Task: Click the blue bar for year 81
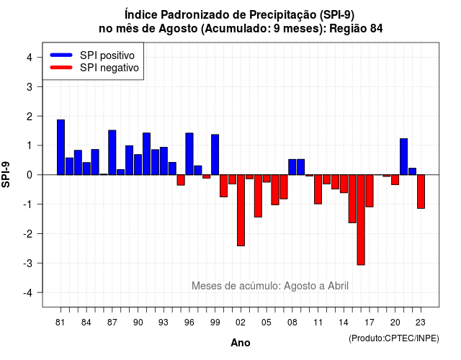(x=61, y=147)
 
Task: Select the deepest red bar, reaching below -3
(x=361, y=220)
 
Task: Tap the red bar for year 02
(x=241, y=210)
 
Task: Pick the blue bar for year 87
(x=112, y=153)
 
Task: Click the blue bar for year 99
(x=215, y=155)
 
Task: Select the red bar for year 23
(x=421, y=192)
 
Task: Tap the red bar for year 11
(x=318, y=189)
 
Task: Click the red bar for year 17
(x=370, y=191)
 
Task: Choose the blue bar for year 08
(x=292, y=167)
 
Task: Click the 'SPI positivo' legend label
(x=107, y=55)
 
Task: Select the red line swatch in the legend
(x=61, y=68)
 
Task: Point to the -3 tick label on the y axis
(x=29, y=263)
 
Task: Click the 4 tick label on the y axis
(x=30, y=58)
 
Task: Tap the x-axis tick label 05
(x=267, y=323)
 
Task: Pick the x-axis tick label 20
(x=395, y=323)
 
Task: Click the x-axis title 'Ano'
(x=241, y=343)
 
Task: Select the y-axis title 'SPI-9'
(x=6, y=174)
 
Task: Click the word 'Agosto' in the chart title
(x=178, y=29)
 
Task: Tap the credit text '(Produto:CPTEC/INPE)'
(x=394, y=338)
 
